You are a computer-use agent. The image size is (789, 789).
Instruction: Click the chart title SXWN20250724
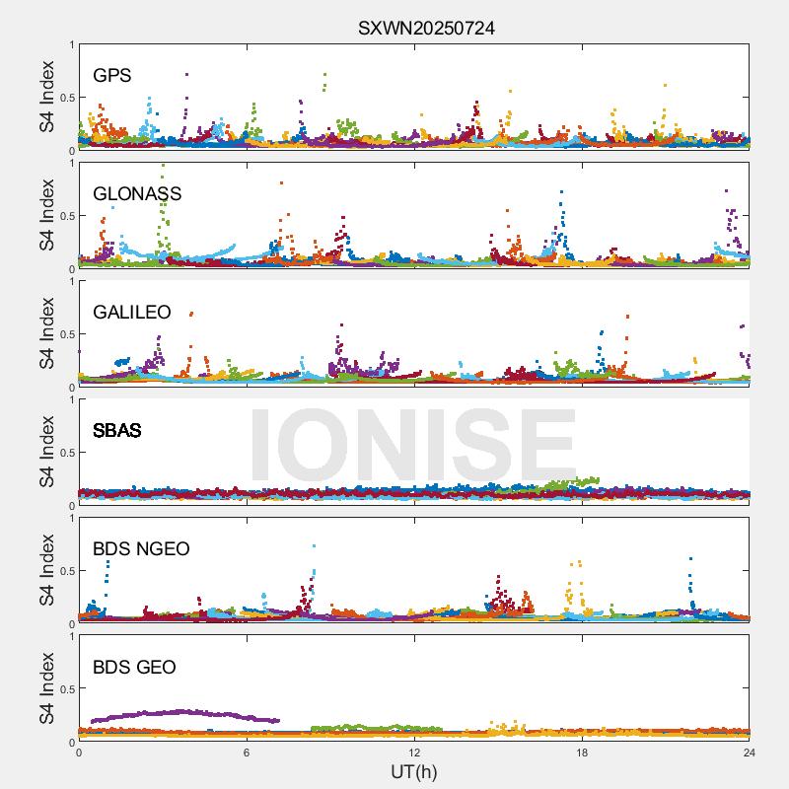click(425, 29)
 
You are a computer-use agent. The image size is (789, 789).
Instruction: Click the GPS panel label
click(112, 75)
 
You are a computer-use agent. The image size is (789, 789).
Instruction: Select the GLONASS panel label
click(137, 193)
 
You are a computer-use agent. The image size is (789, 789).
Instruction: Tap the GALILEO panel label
click(132, 312)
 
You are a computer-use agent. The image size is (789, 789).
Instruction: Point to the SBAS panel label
click(117, 430)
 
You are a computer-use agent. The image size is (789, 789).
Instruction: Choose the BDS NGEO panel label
click(141, 548)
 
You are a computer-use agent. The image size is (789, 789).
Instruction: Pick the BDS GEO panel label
click(134, 667)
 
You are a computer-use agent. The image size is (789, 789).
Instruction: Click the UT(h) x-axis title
click(414, 771)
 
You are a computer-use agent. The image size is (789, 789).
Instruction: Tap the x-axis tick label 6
click(247, 753)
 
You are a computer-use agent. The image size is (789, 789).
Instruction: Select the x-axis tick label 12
click(414, 753)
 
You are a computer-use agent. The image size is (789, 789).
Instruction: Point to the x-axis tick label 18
click(582, 753)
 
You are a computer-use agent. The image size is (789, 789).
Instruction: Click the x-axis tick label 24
click(750, 753)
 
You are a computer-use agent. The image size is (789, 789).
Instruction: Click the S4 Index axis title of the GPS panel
click(46, 97)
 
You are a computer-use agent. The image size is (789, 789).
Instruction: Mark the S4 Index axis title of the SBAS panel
click(46, 452)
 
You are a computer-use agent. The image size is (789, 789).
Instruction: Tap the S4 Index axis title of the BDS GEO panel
click(46, 688)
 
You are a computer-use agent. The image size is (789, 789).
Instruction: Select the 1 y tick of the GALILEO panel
click(70, 281)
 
